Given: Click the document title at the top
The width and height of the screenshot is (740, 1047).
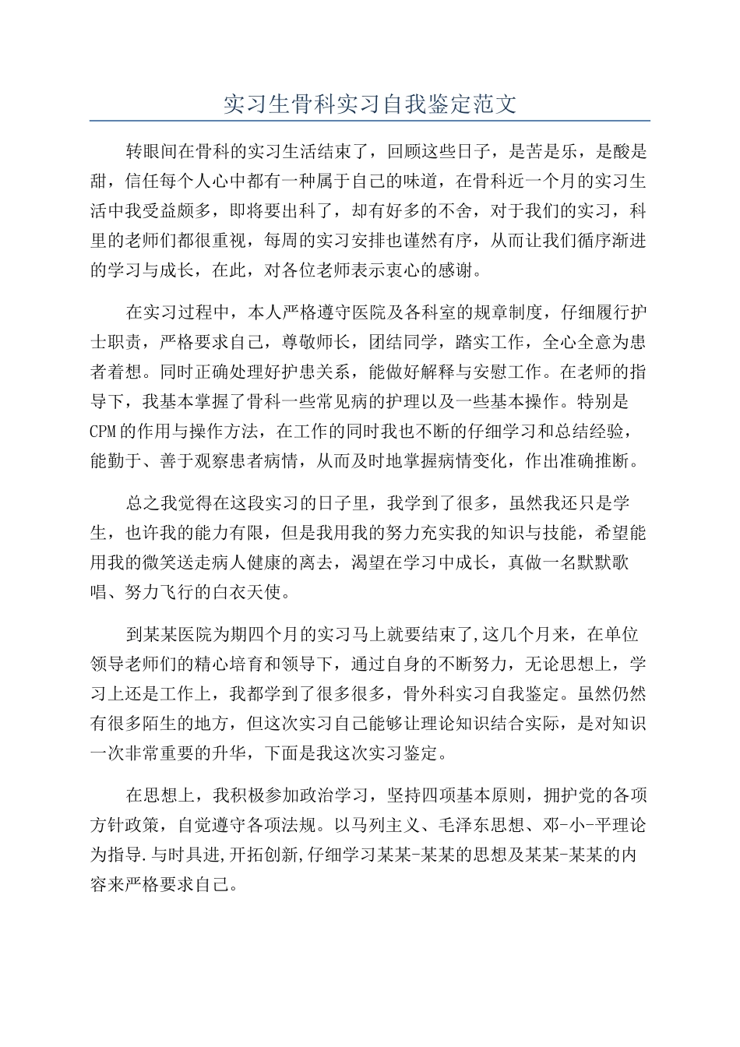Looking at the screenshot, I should [x=370, y=104].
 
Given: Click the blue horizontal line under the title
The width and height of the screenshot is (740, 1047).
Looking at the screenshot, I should [x=370, y=121].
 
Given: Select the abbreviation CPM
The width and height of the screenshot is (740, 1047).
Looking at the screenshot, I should [x=104, y=431].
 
